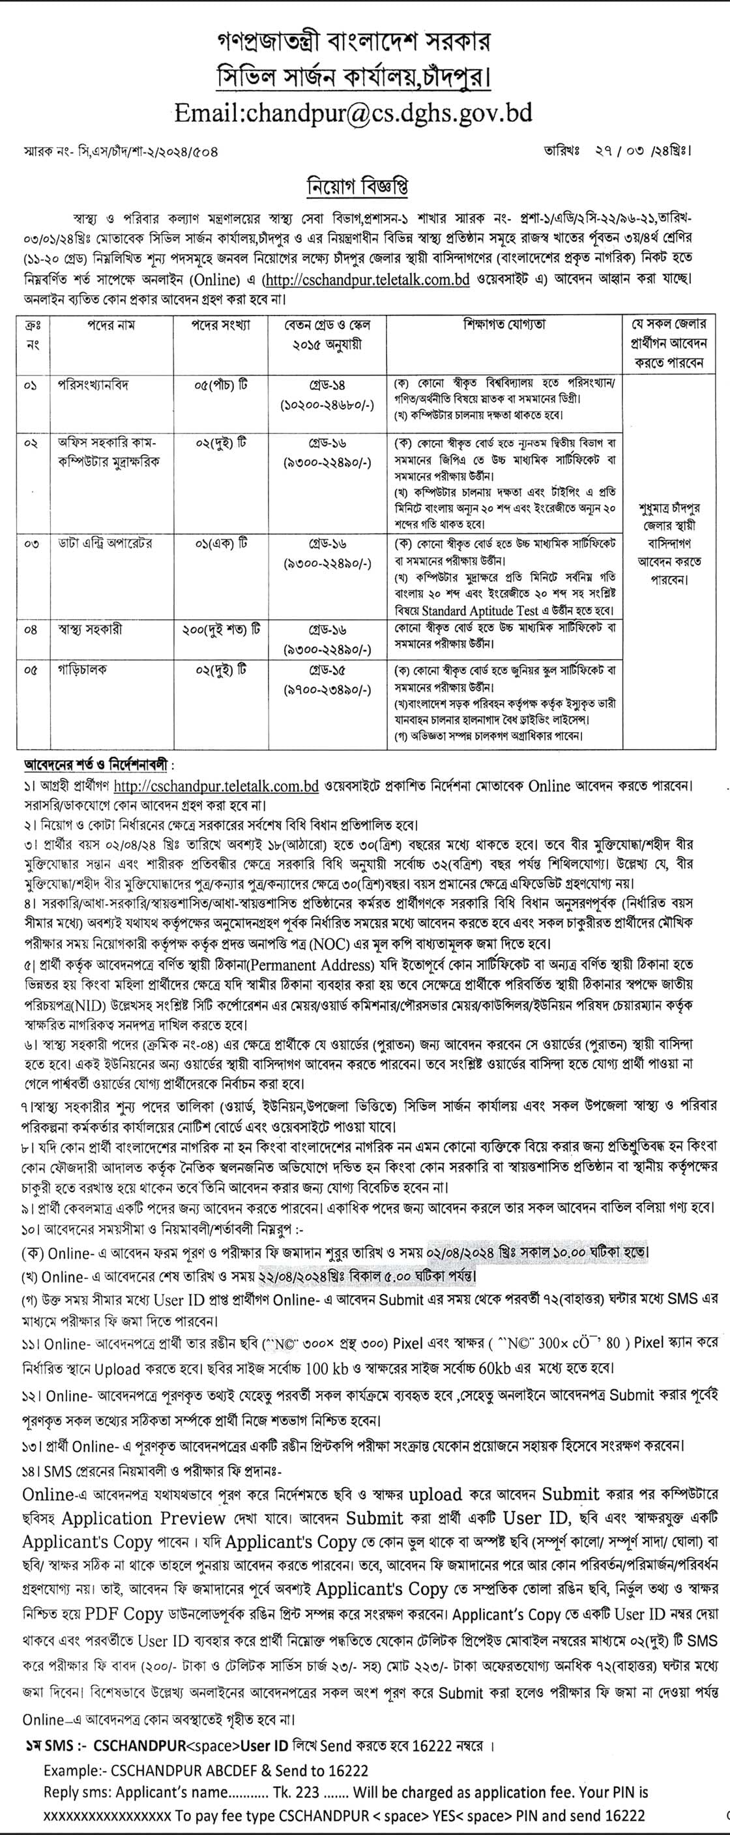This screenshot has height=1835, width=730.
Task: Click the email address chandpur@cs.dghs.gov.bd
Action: click(x=353, y=113)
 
